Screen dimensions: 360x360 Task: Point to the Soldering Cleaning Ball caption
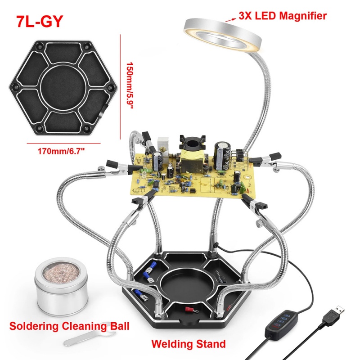(70, 325)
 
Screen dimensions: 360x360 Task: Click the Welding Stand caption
(189, 345)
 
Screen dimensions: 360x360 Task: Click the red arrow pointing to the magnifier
(231, 18)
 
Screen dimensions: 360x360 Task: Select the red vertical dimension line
(121, 85)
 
